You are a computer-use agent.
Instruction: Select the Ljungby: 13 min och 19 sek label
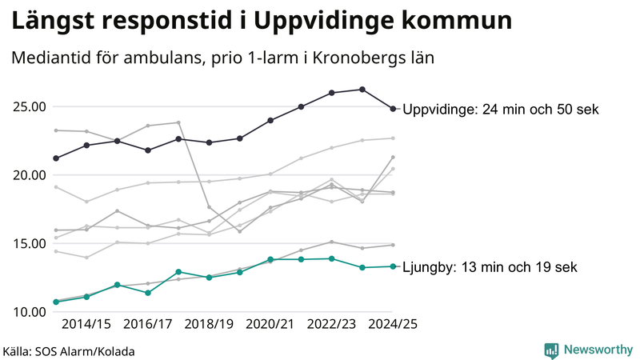pos(490,267)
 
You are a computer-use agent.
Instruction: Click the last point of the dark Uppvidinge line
pos(393,109)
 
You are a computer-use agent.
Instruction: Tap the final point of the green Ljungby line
pos(393,266)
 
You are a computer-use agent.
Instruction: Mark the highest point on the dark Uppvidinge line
pos(362,90)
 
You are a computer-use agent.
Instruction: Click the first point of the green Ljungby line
pos(56,302)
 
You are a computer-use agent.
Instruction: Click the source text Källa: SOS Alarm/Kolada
pos(68,351)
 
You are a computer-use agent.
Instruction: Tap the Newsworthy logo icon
pos(551,350)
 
